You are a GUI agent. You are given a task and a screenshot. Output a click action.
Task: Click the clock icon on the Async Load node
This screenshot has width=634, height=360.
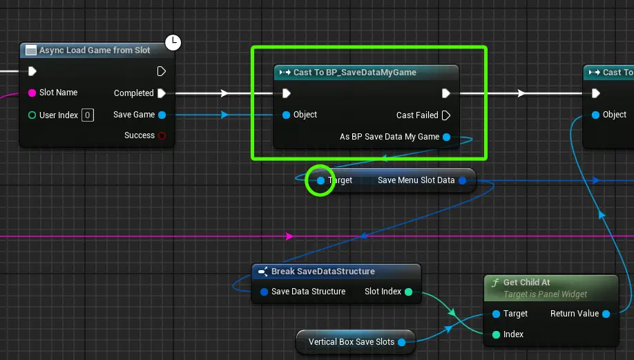click(x=173, y=42)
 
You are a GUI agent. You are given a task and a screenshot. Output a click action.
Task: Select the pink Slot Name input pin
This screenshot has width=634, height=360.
click(x=32, y=93)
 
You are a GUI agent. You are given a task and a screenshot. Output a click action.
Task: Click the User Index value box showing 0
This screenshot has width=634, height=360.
click(x=87, y=115)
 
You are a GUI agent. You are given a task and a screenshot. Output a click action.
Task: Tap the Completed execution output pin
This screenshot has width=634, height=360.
click(x=162, y=93)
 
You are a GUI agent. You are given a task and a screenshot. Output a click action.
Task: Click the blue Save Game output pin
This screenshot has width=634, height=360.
click(x=162, y=115)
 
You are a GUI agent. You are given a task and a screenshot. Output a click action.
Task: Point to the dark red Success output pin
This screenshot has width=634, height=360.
click(x=162, y=135)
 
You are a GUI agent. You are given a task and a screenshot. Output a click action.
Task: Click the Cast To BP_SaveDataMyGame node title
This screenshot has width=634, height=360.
click(x=354, y=73)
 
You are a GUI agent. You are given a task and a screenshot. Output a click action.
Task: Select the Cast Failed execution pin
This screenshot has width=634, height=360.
click(x=446, y=115)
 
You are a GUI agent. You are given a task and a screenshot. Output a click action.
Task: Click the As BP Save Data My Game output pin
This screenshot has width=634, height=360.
click(x=447, y=137)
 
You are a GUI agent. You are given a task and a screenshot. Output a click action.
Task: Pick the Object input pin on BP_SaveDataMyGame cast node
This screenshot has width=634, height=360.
click(x=287, y=115)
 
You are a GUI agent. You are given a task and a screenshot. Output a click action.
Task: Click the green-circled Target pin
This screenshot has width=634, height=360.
click(x=320, y=180)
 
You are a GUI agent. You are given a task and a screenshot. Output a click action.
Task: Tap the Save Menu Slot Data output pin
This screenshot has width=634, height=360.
click(x=463, y=180)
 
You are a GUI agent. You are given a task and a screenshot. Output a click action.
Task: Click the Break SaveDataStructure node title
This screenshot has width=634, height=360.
click(x=323, y=272)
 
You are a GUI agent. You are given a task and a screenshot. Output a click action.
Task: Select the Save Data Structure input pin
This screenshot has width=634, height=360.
click(x=264, y=292)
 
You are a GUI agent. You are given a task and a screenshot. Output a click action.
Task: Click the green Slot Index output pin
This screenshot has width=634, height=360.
click(x=408, y=292)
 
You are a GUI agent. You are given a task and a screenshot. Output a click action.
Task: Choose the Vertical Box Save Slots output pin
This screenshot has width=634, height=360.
click(x=401, y=342)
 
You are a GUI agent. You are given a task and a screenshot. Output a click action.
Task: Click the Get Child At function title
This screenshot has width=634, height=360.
click(x=526, y=283)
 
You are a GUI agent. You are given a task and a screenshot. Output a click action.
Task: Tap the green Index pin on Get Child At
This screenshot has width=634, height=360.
click(x=496, y=334)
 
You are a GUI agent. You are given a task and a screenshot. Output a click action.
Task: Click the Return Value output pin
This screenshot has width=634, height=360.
click(x=606, y=314)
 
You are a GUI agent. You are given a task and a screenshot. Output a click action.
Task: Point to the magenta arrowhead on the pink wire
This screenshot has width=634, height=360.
click(x=289, y=236)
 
